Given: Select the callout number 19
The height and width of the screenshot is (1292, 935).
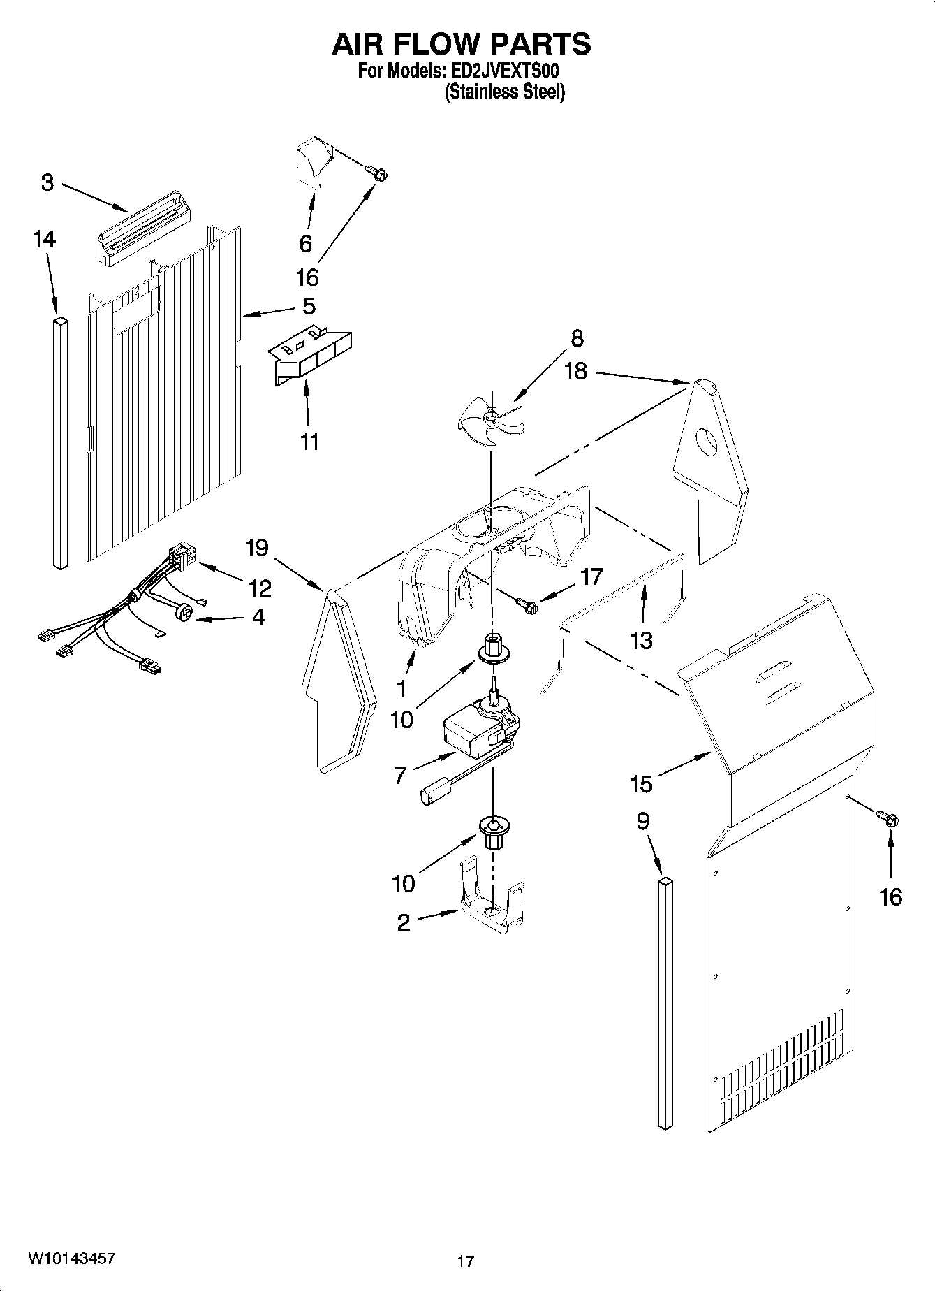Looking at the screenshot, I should [x=257, y=547].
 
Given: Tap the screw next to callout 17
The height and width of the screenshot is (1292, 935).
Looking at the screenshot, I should [x=527, y=604].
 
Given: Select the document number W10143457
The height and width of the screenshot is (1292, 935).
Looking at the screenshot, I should [x=72, y=1258].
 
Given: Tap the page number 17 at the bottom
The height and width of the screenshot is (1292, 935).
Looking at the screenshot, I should [x=466, y=1261].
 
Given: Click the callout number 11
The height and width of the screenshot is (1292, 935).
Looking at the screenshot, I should [x=309, y=442].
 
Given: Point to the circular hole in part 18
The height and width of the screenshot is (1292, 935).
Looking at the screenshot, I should [x=709, y=442].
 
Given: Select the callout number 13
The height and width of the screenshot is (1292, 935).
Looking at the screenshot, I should [x=640, y=639].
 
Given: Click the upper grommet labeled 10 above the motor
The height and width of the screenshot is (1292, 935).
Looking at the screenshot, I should [x=492, y=648].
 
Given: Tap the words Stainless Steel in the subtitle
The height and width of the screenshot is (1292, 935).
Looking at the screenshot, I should [x=505, y=92].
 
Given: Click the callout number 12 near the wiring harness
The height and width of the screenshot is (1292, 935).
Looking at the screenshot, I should [x=260, y=588].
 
